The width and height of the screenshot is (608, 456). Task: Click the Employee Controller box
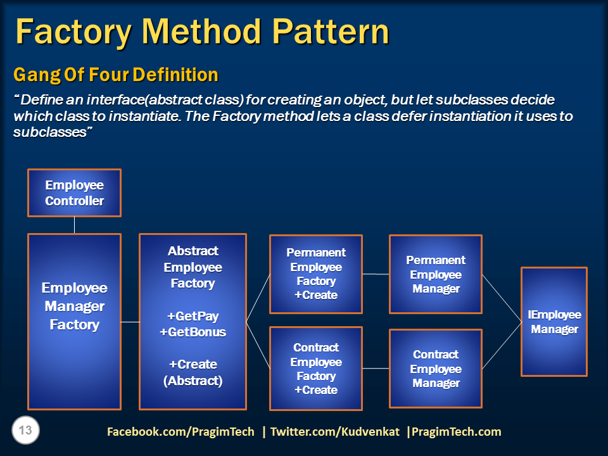74,193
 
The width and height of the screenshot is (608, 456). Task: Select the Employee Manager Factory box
74,321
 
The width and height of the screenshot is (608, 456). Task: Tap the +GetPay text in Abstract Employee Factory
193,316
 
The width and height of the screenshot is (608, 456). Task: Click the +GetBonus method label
193,332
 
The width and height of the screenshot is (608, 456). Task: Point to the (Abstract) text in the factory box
193,381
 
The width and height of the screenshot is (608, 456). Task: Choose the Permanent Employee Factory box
316,274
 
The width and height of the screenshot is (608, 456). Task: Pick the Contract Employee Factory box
316,368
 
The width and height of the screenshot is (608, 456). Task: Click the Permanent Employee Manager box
436,274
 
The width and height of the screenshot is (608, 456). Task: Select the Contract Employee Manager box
436,368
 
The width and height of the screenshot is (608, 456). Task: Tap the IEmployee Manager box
554,322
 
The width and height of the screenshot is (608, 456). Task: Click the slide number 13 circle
26,431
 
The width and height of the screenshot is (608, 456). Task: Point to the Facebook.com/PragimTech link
180,432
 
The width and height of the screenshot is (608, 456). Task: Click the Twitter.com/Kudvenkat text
334,432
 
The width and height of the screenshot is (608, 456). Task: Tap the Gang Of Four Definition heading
116,75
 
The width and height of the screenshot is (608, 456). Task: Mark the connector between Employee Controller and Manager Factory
74,225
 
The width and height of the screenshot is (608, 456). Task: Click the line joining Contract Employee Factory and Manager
376,368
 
